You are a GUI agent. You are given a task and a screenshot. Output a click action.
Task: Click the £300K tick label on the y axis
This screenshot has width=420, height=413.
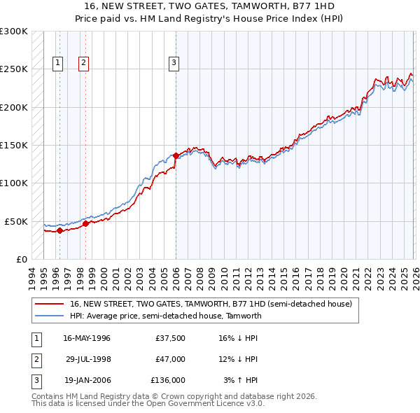point(14,31)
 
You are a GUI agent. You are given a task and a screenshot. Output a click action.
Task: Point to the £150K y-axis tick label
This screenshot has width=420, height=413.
point(14,146)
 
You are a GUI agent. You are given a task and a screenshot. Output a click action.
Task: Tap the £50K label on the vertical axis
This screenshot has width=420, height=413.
point(17,221)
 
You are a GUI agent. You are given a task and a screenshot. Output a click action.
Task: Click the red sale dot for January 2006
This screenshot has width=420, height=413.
point(176,156)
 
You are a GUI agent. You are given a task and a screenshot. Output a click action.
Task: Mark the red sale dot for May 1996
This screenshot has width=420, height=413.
point(60,230)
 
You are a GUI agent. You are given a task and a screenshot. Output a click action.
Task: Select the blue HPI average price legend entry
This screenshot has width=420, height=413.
point(165,316)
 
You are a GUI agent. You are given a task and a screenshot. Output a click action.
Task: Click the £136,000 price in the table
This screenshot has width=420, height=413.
point(168,380)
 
